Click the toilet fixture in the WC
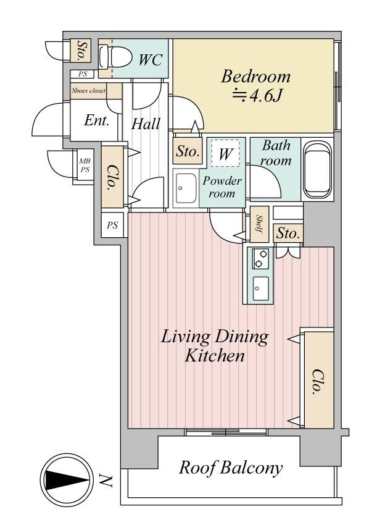pyautogui.click(x=115, y=57)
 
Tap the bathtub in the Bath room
pyautogui.click(x=318, y=169)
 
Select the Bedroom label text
pyautogui.click(x=256, y=77)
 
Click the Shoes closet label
pyautogui.click(x=88, y=91)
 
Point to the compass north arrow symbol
pyautogui.click(x=67, y=479)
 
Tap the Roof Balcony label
pyautogui.click(x=231, y=468)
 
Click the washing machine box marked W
pyautogui.click(x=225, y=153)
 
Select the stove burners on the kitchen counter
pyautogui.click(x=260, y=259)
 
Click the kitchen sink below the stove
pyautogui.click(x=261, y=288)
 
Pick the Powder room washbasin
pyautogui.click(x=186, y=188)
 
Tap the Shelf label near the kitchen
pyautogui.click(x=260, y=224)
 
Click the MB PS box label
pyautogui.click(x=85, y=166)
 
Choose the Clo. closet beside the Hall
pyautogui.click(x=112, y=177)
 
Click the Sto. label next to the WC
pyautogui.click(x=81, y=51)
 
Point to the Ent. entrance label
pyautogui.click(x=96, y=120)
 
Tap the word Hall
pyautogui.click(x=146, y=124)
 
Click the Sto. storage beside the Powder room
pyautogui.click(x=188, y=151)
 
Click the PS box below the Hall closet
pyautogui.click(x=112, y=225)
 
